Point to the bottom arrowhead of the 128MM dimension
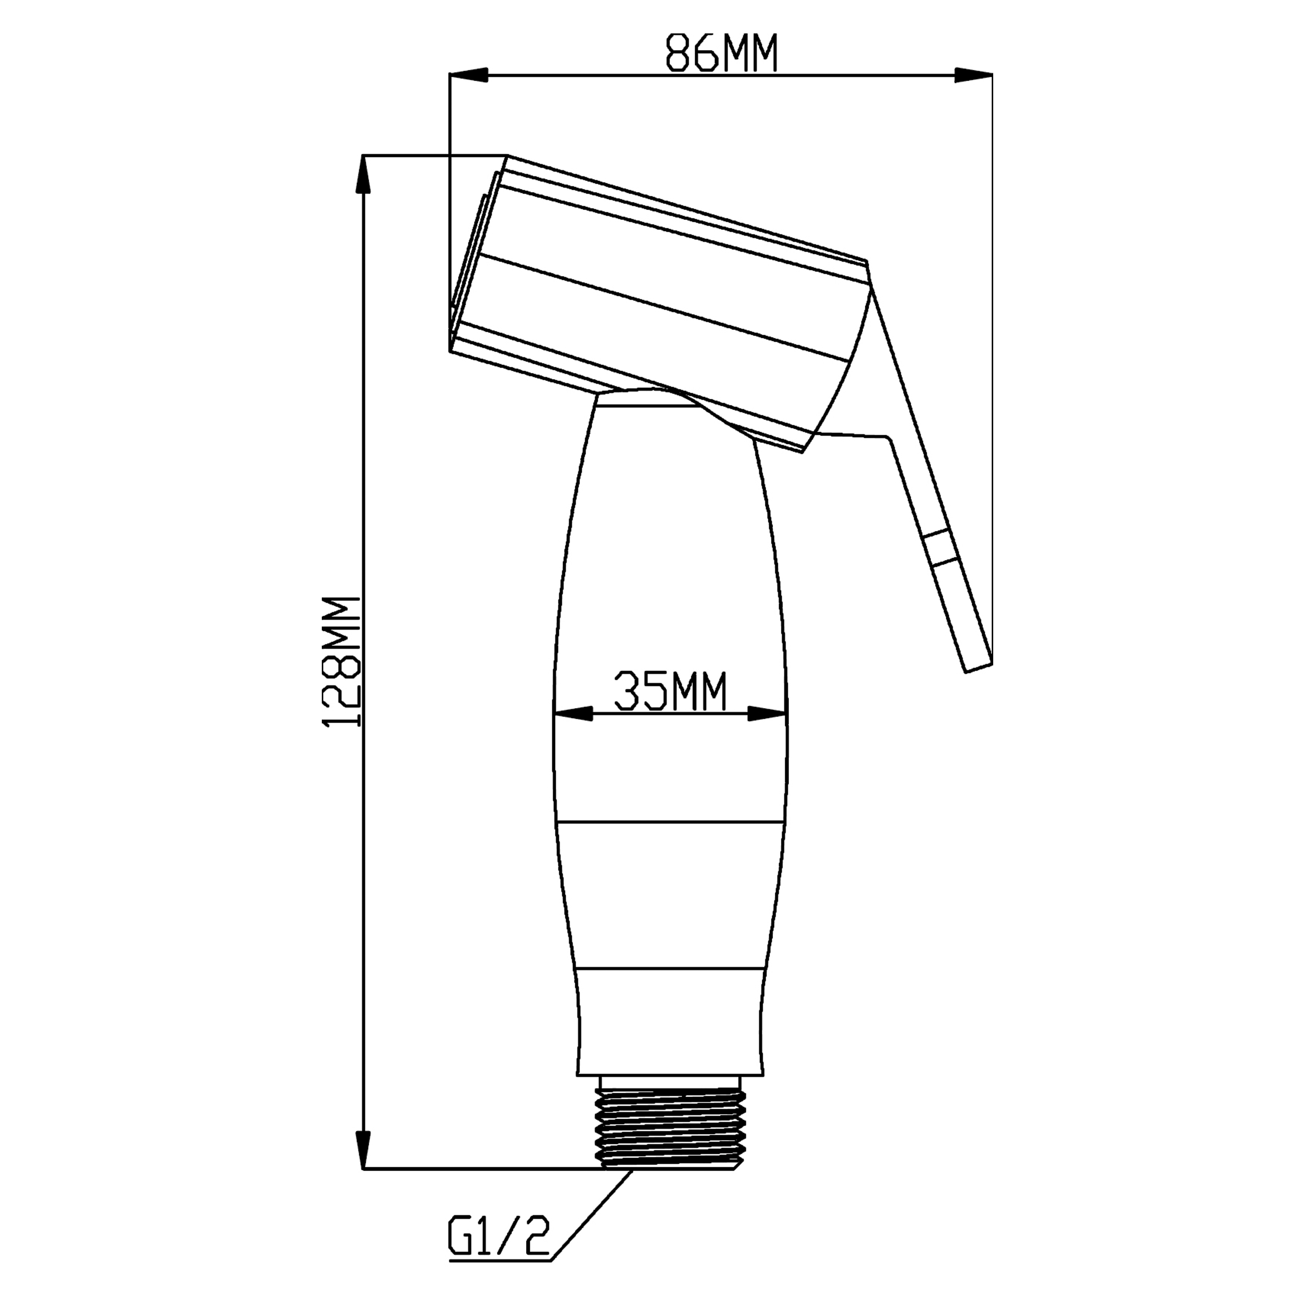pos(365,1149)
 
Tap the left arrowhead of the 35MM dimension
pos(573,714)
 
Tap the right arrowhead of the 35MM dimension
pos(767,714)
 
